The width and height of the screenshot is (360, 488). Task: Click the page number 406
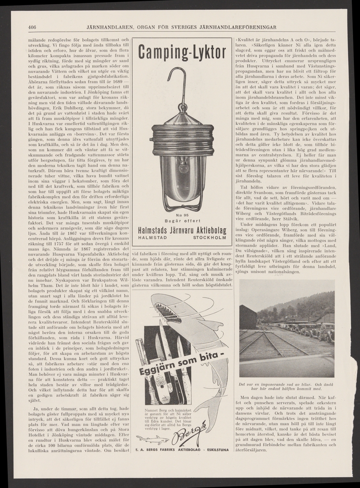click(x=33, y=27)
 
